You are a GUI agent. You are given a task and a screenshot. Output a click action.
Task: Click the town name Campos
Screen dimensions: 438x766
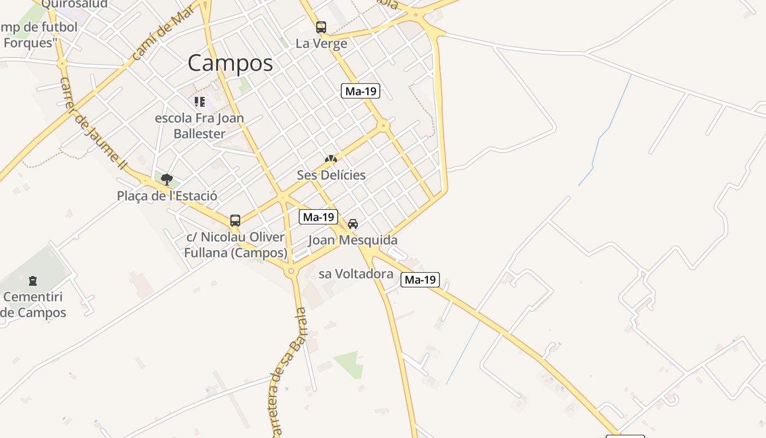tap(230, 64)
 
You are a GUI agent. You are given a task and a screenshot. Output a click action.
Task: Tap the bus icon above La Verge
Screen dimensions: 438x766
tap(321, 27)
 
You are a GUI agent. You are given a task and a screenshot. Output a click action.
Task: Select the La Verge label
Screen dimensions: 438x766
tap(321, 44)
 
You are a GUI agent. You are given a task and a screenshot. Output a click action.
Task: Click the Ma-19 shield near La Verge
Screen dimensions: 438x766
tap(361, 91)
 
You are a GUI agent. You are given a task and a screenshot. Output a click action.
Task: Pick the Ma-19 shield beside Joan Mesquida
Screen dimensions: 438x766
tap(318, 217)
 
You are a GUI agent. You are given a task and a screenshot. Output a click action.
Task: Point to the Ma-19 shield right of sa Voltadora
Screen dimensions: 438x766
tap(420, 280)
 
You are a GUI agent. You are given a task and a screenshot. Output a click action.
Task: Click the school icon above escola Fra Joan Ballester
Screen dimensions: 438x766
tap(200, 102)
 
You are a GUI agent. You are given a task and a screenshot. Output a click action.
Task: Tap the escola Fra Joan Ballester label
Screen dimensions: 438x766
tap(200, 126)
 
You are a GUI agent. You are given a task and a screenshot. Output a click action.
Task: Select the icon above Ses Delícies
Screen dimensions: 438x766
tap(330, 159)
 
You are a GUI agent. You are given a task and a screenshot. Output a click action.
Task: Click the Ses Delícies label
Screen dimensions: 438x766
tap(331, 175)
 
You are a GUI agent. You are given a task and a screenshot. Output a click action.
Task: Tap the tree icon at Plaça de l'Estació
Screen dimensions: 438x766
tap(167, 179)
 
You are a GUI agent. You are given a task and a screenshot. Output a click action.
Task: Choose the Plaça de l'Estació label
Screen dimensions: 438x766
tap(167, 196)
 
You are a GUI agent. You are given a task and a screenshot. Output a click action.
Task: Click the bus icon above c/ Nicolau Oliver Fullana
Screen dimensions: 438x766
tap(235, 221)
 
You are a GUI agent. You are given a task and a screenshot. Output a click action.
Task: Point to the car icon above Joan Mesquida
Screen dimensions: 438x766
tap(353, 223)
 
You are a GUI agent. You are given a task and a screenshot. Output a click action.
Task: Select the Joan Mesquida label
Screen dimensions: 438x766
tap(353, 240)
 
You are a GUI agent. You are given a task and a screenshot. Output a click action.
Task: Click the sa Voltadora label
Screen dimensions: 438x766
tap(356, 274)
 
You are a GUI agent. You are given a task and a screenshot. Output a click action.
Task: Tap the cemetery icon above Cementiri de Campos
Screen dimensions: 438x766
tap(33, 281)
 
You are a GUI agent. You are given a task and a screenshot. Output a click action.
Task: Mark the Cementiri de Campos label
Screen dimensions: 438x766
tap(33, 305)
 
